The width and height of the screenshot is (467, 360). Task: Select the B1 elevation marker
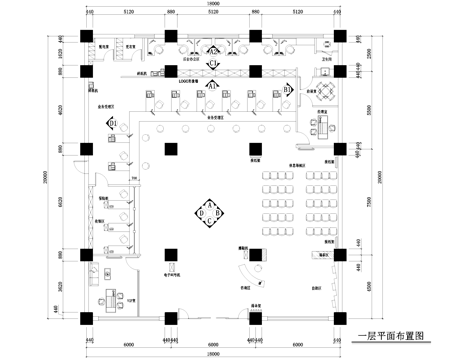click(288, 89)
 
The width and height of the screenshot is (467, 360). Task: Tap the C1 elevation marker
click(213, 64)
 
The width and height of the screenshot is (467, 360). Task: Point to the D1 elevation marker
click(113, 123)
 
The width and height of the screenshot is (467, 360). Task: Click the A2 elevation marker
click(213, 49)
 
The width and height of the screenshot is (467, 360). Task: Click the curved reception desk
click(242, 272)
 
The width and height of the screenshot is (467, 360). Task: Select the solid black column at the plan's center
click(172, 150)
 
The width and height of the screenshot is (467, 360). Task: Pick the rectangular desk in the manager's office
click(322, 124)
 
